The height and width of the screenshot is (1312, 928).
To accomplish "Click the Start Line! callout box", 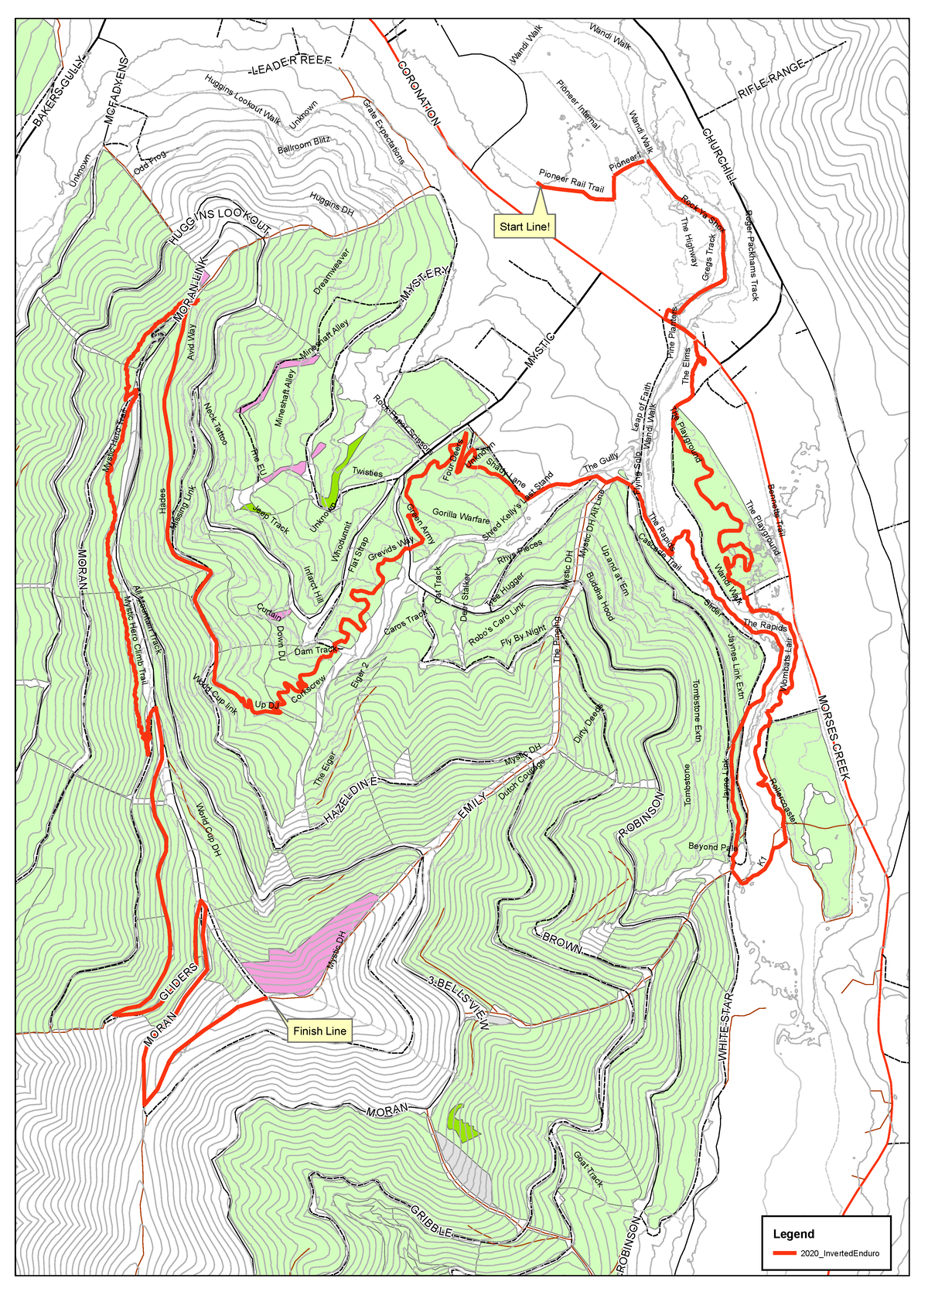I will coord(524,227).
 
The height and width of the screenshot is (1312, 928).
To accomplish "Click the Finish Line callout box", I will coord(319,1031).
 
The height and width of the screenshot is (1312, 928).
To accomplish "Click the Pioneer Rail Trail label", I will coord(571,182).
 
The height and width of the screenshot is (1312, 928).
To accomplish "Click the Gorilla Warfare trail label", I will coord(461,514).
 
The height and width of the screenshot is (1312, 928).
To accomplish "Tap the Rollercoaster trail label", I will coord(782,799).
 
